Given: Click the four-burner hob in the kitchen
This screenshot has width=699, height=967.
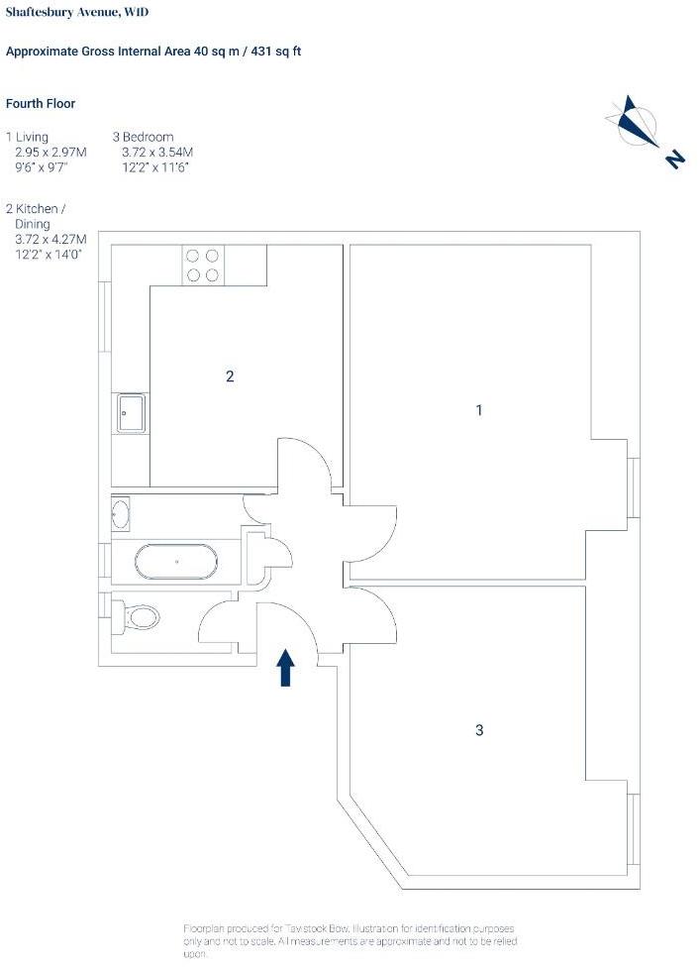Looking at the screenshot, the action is coord(203,266).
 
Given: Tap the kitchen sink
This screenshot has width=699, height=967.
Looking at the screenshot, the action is coord(132,412).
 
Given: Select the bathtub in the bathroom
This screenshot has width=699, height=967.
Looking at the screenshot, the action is coord(175,562).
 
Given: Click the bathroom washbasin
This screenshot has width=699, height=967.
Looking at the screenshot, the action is coord(121,513).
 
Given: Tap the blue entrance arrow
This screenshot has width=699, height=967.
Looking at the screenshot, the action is coord(285,667).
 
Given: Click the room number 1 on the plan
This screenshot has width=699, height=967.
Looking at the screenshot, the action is coord(479,409).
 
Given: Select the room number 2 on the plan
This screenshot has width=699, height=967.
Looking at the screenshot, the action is coord(230,376).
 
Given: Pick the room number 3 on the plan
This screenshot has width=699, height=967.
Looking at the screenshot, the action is coord(479,730).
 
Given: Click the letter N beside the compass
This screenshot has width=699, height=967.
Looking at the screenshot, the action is coord(675,160).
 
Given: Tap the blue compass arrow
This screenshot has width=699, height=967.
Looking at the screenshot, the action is coord(635,121).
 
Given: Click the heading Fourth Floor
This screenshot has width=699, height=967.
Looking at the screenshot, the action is coord(40,104).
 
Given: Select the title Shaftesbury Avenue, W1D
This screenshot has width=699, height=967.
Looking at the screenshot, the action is coord(77,12).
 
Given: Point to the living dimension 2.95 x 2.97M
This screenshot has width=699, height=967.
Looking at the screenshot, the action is coord(51,152).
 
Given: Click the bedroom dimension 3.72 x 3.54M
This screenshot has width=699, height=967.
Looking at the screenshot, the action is coord(157,152).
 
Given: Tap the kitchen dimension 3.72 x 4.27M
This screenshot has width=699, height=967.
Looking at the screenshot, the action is coord(51,239).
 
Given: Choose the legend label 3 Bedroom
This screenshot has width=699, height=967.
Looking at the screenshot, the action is coord(143,137).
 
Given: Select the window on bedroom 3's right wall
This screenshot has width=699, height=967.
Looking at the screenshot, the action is coord(633,829).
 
